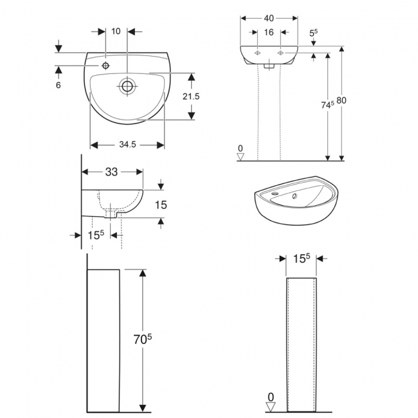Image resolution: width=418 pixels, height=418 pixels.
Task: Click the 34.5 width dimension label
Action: pyautogui.click(x=127, y=145)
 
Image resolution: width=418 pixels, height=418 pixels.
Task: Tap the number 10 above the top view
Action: pyautogui.click(x=116, y=31)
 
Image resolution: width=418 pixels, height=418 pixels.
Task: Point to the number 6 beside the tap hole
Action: pyautogui.click(x=59, y=84)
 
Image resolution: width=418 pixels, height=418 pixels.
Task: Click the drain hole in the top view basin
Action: pyautogui.click(x=127, y=85)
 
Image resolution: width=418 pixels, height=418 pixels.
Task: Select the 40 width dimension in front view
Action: pyautogui.click(x=269, y=18)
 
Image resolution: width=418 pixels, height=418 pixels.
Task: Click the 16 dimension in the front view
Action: pyautogui.click(x=269, y=32)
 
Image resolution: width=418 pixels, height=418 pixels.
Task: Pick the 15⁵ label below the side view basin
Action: pyautogui.click(x=95, y=235)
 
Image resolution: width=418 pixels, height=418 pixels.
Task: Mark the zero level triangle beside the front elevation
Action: pyautogui.click(x=241, y=155)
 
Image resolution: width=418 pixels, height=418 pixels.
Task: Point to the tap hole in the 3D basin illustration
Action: pyautogui.click(x=276, y=192)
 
